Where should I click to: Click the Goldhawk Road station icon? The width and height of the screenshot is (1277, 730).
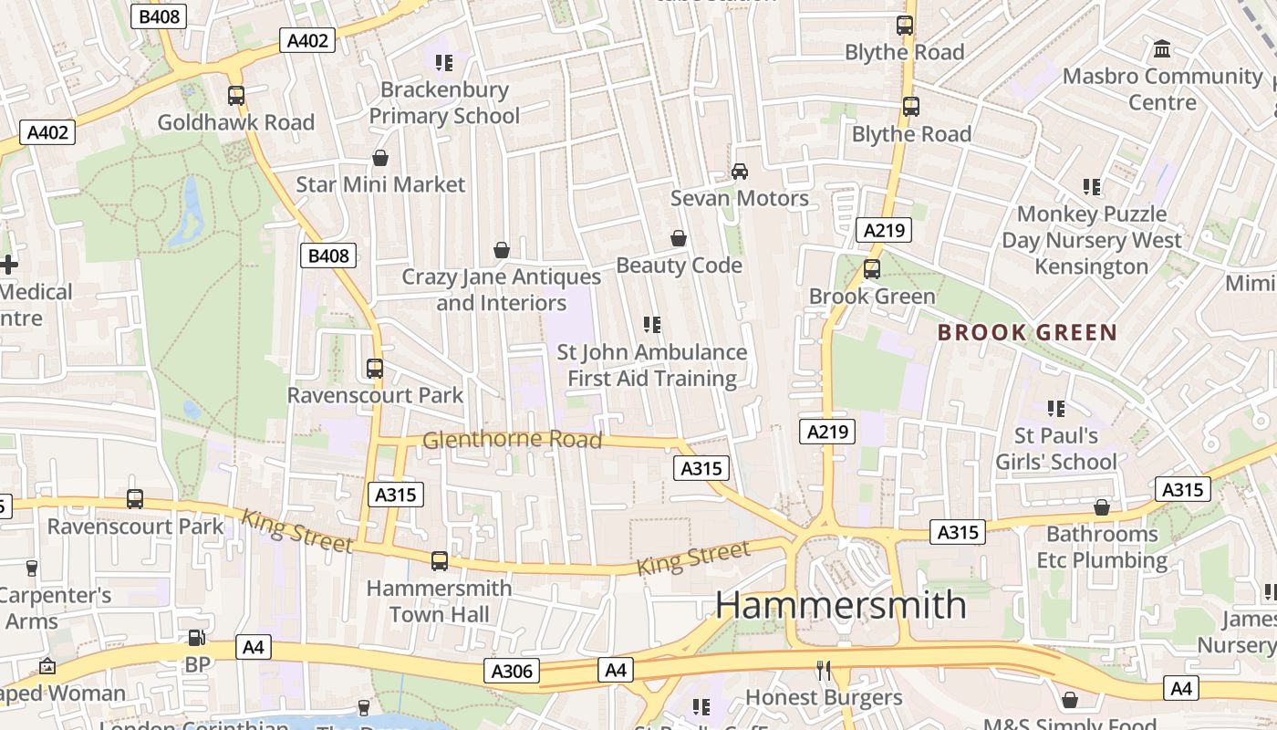236,95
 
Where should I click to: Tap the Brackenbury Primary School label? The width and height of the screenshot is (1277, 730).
444,102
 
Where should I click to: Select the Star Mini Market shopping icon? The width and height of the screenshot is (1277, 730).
380,158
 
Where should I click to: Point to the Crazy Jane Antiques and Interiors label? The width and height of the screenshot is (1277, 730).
501,289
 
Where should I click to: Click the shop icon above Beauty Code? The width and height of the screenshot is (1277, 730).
679,238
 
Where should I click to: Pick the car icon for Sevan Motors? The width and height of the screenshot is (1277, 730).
740,171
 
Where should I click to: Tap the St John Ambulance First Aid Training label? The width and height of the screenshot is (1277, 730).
651,365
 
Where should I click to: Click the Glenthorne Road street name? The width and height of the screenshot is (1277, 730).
512,440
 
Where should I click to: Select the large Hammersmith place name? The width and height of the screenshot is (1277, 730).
840,605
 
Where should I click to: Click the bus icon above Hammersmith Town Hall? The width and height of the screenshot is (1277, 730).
440,561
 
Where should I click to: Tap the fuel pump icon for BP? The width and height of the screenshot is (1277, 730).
196,638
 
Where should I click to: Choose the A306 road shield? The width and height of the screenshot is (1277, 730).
511,672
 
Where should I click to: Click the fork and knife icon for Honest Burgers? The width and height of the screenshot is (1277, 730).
824,671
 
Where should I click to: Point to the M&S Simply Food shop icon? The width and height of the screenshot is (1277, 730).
1070,700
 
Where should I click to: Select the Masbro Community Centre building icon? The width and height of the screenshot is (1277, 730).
1162,48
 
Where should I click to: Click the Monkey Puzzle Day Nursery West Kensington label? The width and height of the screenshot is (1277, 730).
1092,240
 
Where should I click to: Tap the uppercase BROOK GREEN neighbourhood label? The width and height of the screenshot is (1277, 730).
1027,332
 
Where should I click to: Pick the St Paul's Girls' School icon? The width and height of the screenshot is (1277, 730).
1056,408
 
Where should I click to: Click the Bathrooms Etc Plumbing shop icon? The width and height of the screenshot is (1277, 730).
1102,507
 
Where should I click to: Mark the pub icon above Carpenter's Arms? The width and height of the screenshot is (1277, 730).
32,568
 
